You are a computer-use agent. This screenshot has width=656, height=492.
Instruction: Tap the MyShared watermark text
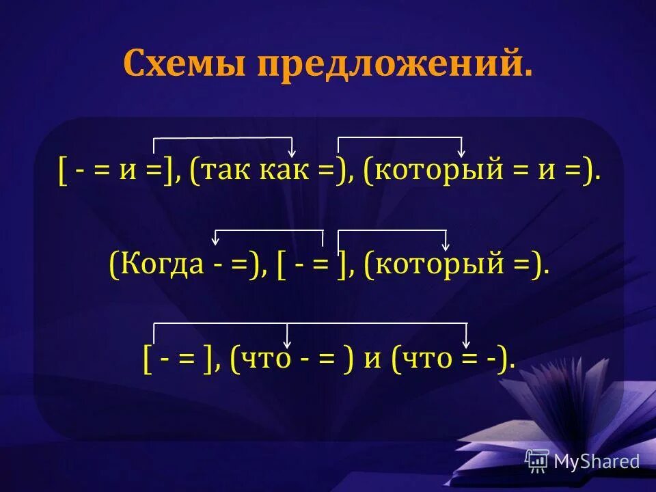[597, 461]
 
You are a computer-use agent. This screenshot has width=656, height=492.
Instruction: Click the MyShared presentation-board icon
[536, 461]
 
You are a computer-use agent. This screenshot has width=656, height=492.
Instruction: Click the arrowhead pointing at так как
[292, 152]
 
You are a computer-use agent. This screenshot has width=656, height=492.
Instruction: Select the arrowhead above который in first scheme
[461, 152]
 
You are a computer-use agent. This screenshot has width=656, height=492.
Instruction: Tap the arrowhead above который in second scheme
[446, 245]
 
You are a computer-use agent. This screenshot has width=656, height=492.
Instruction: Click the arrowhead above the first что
[288, 342]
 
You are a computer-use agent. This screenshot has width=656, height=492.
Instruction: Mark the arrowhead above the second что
[467, 342]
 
